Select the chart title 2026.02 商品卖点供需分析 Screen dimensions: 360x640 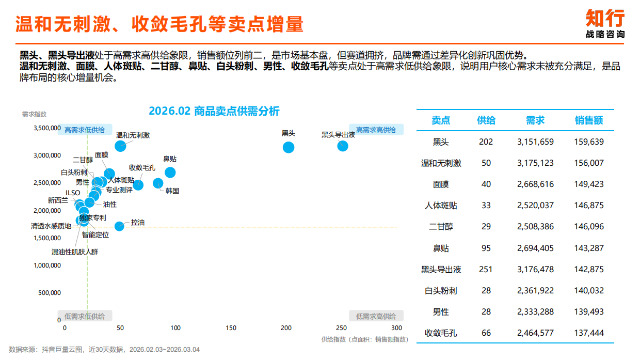[x=214, y=111]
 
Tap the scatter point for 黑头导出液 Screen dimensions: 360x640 [x=342, y=146]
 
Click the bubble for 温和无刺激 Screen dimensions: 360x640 [x=120, y=146]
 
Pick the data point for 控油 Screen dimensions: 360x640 [x=119, y=226]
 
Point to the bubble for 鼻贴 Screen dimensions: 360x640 [x=170, y=173]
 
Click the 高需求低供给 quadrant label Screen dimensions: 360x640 [x=84, y=130]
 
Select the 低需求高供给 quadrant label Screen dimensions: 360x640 [x=376, y=316]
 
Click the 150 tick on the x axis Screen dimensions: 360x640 [x=231, y=328]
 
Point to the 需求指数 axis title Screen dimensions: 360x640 [x=34, y=114]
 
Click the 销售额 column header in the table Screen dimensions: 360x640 [x=589, y=120]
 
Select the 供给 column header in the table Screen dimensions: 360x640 [x=486, y=120]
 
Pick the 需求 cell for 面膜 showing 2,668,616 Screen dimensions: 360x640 [x=535, y=184]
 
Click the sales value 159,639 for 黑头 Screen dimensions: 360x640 [x=589, y=142]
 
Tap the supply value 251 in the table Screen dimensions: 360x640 [x=486, y=269]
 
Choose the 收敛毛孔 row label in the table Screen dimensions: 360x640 [x=441, y=333]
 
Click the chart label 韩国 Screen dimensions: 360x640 [x=172, y=191]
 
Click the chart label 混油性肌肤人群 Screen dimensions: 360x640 [x=74, y=252]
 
